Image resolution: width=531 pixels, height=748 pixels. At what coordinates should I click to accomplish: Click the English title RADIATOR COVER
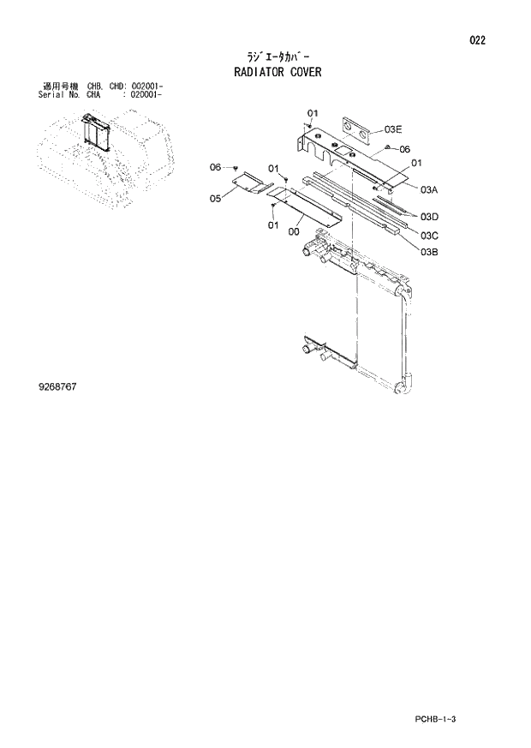[277, 72]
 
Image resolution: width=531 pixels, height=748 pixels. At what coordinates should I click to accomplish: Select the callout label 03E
[393, 129]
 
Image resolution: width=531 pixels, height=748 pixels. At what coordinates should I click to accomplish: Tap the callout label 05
[215, 199]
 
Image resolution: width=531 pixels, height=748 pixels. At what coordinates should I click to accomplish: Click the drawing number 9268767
[57, 387]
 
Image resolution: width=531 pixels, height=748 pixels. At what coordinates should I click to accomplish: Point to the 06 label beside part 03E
[405, 148]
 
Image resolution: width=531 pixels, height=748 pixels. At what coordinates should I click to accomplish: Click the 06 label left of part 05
[216, 166]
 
